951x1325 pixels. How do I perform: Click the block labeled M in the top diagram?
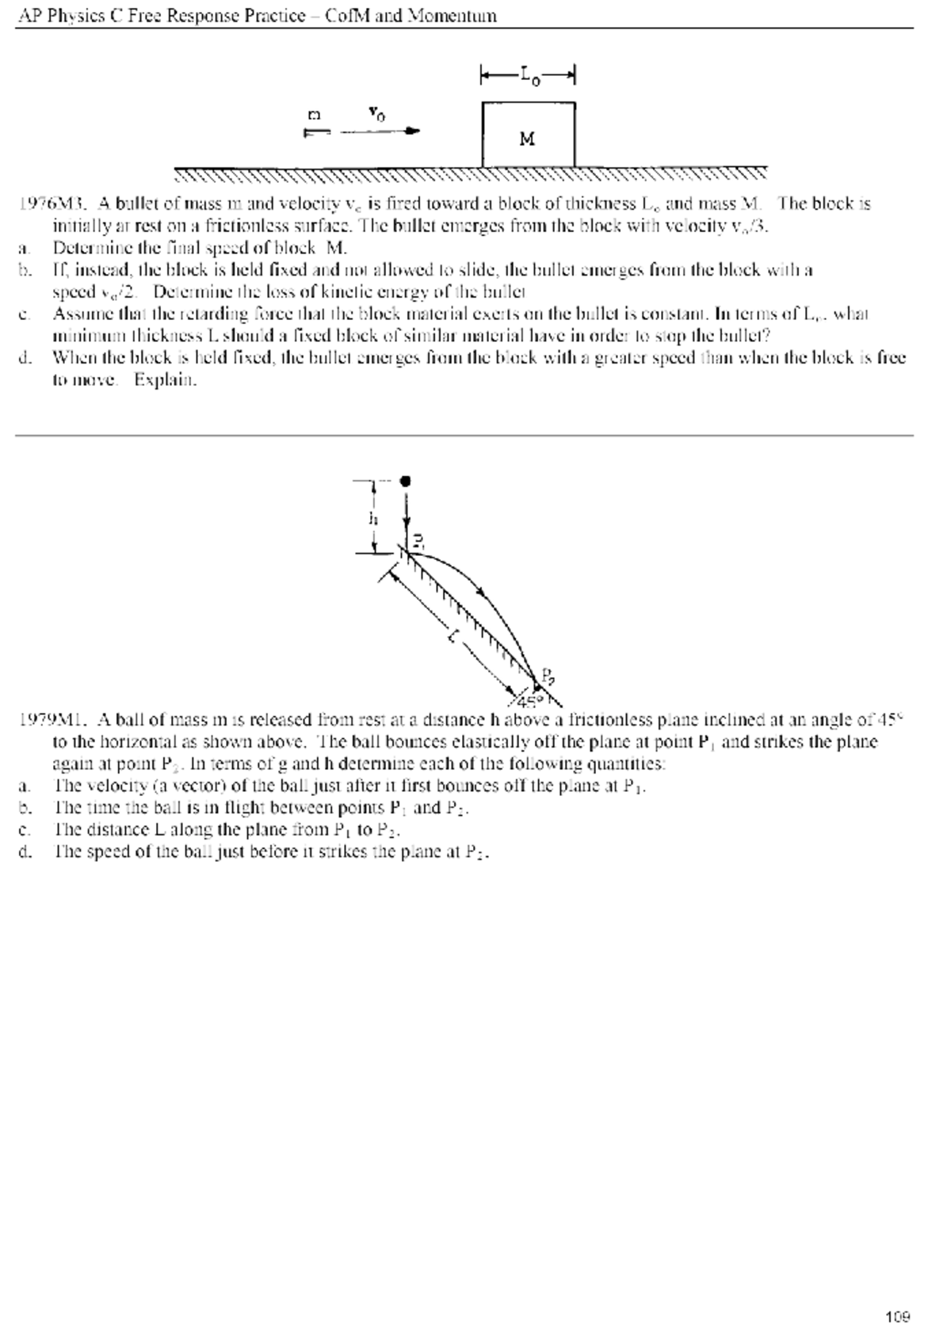tap(528, 135)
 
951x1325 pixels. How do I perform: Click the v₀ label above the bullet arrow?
tap(377, 115)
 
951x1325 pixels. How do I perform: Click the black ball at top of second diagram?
tap(407, 481)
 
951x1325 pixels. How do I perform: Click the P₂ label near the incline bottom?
tap(548, 676)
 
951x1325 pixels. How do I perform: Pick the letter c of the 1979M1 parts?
tap(24, 830)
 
